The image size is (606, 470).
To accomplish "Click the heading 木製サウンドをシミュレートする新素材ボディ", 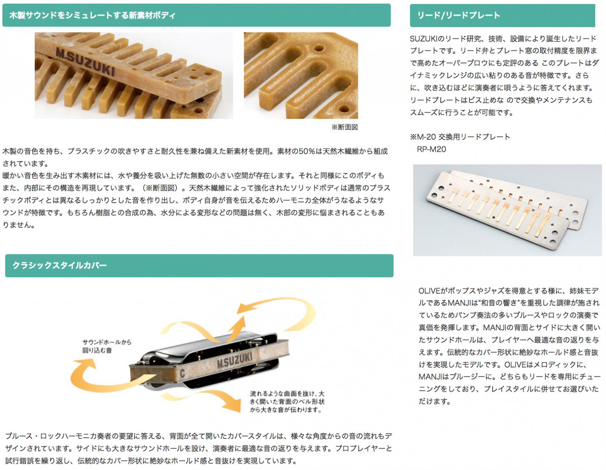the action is (92, 15).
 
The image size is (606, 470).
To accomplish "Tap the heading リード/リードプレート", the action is (458, 15).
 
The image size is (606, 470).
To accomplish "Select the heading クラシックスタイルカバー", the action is (59, 265).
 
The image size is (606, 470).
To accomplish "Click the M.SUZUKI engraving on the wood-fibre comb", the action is (85, 61).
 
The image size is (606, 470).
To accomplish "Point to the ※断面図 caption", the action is (345, 127).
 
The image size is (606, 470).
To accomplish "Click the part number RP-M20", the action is (431, 149).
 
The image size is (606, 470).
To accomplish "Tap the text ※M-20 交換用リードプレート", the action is (460, 137).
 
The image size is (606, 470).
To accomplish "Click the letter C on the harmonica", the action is (182, 373).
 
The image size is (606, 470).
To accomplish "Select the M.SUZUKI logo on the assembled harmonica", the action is (234, 360).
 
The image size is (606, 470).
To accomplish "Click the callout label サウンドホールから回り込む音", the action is (107, 346).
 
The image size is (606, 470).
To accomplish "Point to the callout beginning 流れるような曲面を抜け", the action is (287, 401).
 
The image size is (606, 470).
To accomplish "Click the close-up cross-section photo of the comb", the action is (301, 76).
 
